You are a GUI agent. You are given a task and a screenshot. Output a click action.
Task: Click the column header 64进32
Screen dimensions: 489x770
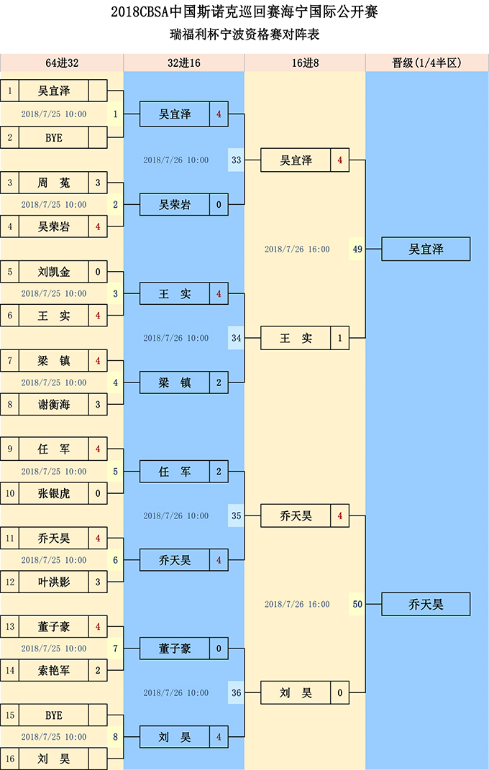click(62, 63)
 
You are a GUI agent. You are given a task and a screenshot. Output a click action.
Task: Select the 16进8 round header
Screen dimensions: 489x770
click(305, 63)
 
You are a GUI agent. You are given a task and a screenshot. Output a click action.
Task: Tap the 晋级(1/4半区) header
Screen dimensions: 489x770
click(427, 63)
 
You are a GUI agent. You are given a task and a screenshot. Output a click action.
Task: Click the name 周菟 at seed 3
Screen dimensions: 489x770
click(53, 183)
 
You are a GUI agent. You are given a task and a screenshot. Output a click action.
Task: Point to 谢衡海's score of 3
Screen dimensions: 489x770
click(98, 405)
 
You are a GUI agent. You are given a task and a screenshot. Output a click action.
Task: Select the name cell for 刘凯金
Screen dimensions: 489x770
click(53, 272)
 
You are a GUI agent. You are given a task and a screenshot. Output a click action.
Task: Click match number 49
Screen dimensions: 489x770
click(357, 249)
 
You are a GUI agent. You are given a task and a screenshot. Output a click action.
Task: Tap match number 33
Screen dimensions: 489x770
click(236, 160)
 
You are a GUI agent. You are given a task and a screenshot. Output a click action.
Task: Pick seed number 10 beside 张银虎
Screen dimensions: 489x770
click(10, 493)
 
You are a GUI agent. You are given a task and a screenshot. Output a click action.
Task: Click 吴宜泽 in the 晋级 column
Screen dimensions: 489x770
click(426, 249)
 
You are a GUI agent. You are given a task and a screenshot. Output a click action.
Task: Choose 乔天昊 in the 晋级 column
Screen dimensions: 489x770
click(426, 604)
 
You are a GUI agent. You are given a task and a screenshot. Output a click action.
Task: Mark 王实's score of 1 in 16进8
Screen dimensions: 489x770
click(339, 338)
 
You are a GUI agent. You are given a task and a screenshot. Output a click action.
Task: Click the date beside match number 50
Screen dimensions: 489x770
click(297, 604)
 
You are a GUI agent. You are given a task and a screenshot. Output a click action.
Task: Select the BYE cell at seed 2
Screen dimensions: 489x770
click(53, 138)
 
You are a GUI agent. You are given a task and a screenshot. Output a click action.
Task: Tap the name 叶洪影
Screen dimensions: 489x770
click(53, 582)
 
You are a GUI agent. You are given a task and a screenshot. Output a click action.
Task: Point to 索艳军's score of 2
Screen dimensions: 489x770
click(98, 670)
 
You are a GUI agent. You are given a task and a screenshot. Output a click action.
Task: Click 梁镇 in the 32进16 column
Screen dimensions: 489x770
click(174, 382)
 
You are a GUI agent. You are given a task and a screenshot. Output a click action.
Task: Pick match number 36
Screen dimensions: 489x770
click(236, 693)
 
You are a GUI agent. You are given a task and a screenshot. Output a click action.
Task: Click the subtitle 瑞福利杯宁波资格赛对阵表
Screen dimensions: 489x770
click(244, 35)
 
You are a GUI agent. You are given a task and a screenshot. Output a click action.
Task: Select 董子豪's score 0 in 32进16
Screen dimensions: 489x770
click(219, 648)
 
